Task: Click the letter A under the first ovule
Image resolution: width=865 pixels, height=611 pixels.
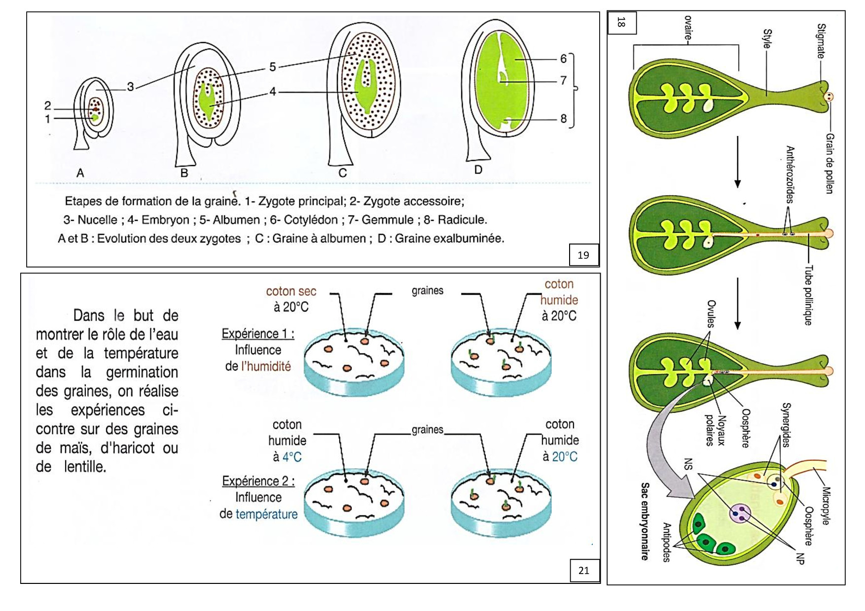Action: (x=80, y=173)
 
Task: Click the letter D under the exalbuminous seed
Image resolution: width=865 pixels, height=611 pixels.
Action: (x=478, y=170)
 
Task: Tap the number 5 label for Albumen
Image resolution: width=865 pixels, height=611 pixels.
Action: (x=272, y=67)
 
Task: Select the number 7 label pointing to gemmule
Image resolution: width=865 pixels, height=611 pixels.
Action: (x=563, y=80)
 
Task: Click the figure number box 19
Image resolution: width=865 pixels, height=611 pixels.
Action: (x=583, y=255)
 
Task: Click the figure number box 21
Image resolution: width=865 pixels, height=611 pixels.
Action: (x=584, y=570)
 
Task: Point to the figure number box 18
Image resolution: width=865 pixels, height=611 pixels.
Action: (x=621, y=22)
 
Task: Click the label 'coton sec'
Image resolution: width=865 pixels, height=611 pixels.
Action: (x=291, y=291)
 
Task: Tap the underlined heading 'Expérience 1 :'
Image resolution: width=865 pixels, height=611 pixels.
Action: (x=257, y=334)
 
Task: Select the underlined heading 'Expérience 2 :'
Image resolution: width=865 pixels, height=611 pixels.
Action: (x=258, y=481)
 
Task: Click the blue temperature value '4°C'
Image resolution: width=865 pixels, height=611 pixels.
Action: (x=291, y=457)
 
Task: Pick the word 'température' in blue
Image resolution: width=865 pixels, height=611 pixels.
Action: (x=266, y=514)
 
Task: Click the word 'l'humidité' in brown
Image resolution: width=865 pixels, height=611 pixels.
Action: (x=266, y=366)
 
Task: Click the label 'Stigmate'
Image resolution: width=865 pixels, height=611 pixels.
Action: (x=821, y=40)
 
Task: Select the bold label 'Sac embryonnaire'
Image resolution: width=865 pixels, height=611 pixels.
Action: (x=645, y=521)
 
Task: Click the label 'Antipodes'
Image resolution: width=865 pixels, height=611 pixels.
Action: (x=667, y=542)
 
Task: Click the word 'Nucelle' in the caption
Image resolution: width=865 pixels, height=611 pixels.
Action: (x=97, y=220)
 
